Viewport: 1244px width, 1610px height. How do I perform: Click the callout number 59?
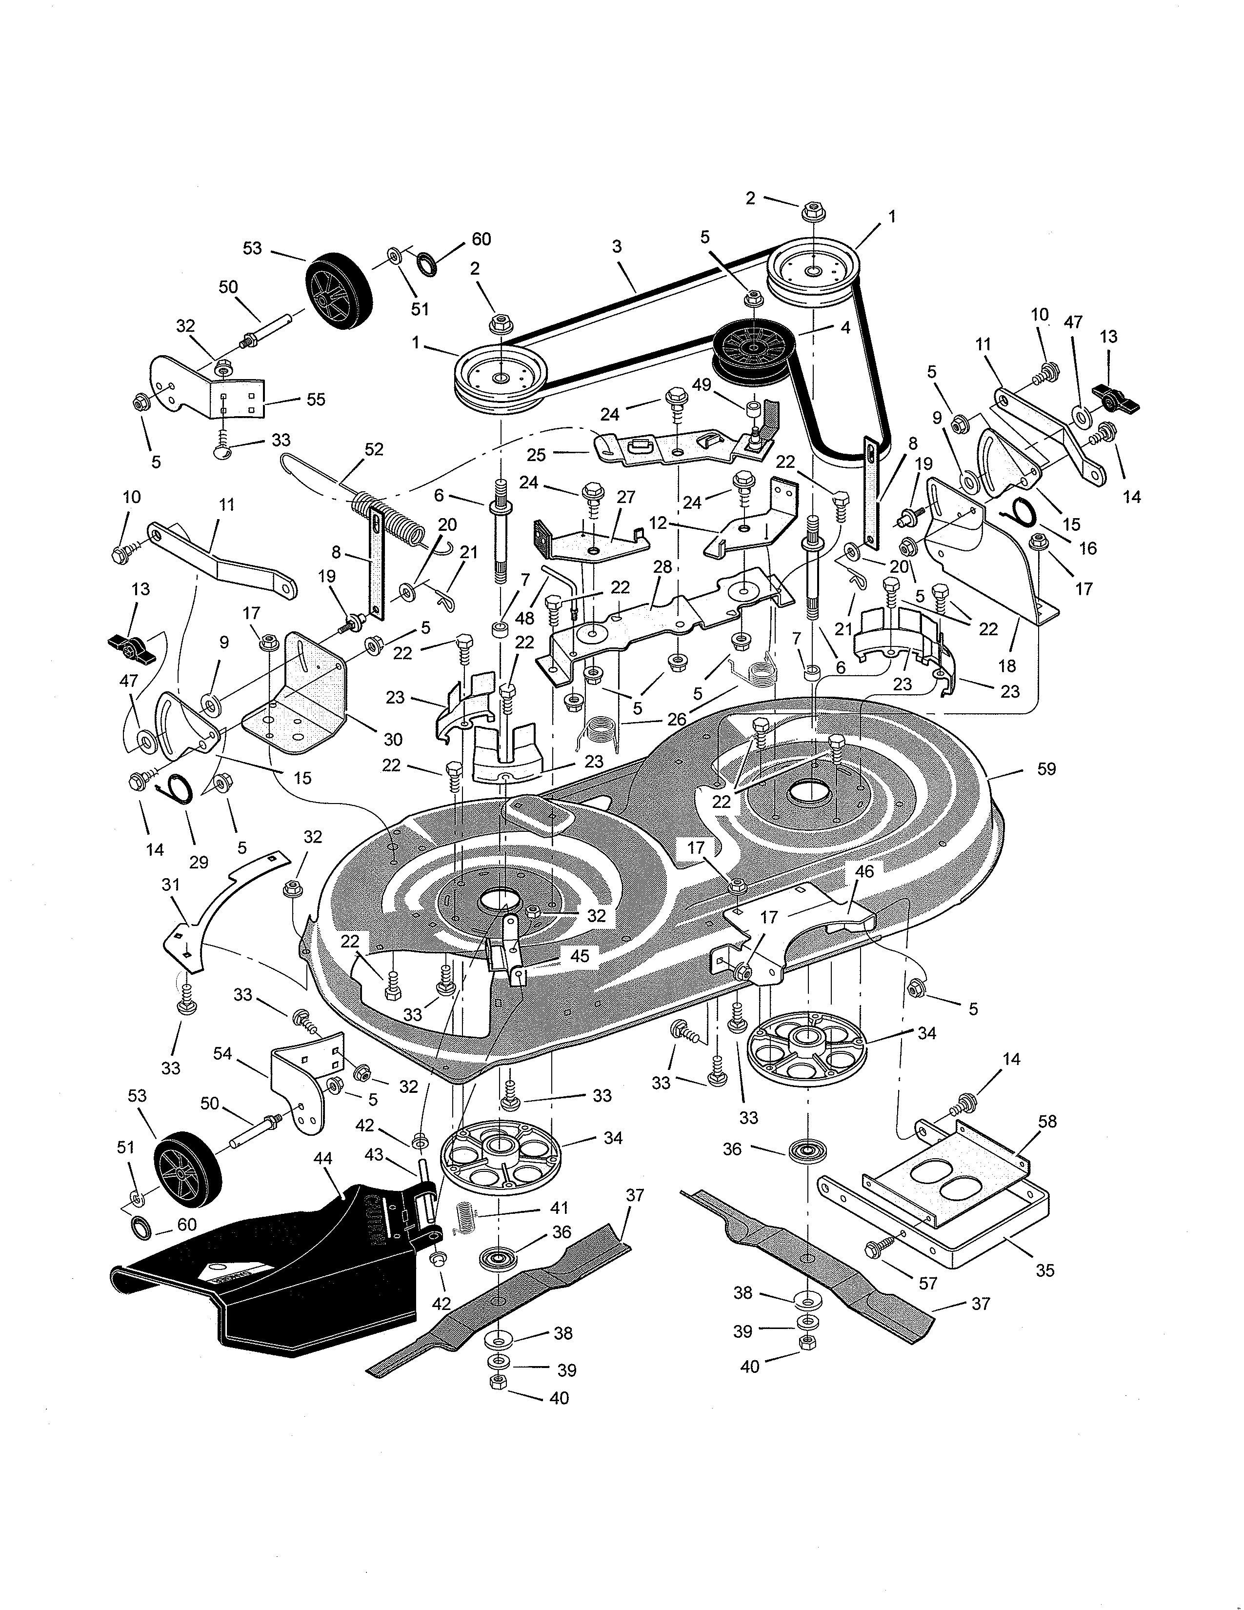(x=1046, y=769)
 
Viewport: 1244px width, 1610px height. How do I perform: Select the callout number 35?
(x=1045, y=1270)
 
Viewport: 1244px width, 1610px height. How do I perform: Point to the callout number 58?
(x=1046, y=1121)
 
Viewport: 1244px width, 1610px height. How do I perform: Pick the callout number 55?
(x=316, y=400)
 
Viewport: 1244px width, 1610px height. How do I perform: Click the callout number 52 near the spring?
(x=374, y=449)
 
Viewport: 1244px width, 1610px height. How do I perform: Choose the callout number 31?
(x=171, y=885)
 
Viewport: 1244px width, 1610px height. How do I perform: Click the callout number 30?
(x=393, y=739)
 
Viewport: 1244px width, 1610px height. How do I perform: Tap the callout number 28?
(x=662, y=567)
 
